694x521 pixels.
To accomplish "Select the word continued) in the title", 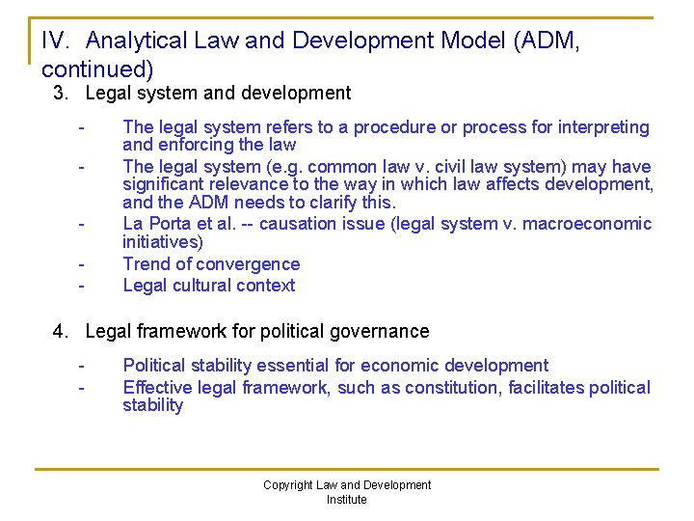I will tap(97, 69).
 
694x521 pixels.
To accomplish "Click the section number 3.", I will tap(60, 94).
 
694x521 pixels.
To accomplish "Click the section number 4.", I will tap(60, 331).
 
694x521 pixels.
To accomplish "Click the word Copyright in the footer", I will tap(288, 485).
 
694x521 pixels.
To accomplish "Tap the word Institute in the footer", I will tap(347, 500).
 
